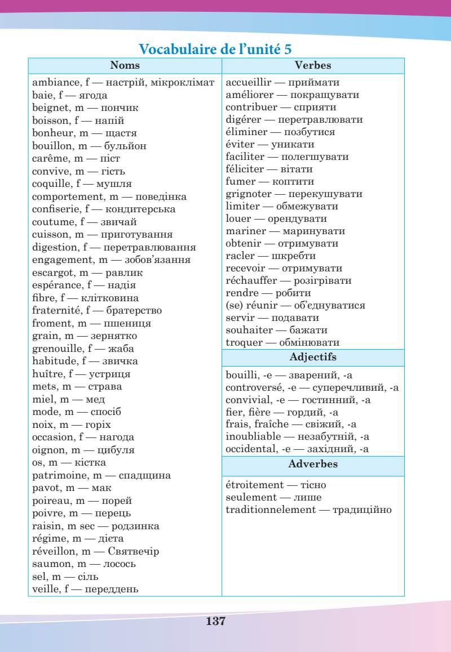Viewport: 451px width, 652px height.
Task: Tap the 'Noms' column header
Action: pos(125,66)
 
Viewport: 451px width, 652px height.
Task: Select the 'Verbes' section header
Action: pos(313,66)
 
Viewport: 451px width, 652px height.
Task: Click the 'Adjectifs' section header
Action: pos(313,358)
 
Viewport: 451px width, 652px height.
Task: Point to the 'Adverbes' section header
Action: pos(313,464)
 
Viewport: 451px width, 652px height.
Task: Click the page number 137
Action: pos(216,621)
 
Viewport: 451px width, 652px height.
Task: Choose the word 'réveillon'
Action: pos(54,551)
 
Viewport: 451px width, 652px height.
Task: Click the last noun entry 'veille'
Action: pos(46,589)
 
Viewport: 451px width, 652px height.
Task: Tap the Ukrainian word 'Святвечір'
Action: pos(133,551)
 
